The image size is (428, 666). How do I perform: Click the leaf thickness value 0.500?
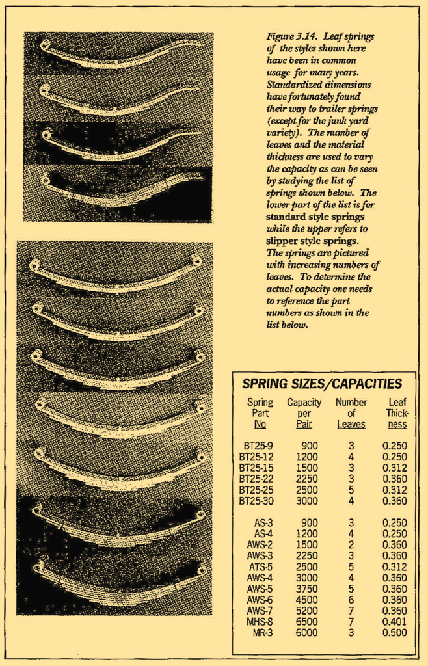(394, 633)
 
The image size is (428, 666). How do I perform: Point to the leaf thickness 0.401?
(394, 622)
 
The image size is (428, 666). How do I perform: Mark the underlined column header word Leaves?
(351, 424)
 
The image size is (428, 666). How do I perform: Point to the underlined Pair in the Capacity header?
(304, 424)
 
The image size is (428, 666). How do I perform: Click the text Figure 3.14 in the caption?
(289, 36)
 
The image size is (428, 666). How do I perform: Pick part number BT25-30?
(258, 501)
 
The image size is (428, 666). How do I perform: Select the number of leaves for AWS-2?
(351, 545)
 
